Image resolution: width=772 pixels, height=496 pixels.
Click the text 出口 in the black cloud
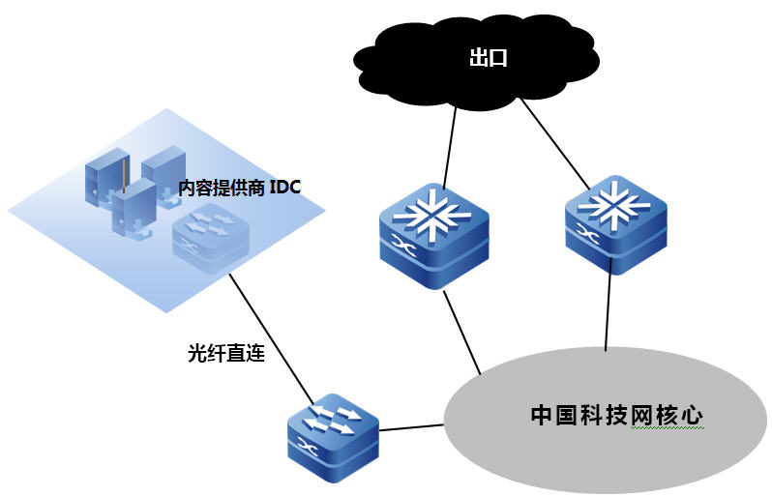pyautogui.click(x=489, y=58)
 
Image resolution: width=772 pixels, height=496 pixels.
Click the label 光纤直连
pyautogui.click(x=226, y=353)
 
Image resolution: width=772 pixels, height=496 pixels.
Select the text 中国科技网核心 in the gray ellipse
pyautogui.click(x=616, y=416)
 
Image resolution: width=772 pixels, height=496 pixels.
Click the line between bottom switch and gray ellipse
pyautogui.click(x=411, y=426)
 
